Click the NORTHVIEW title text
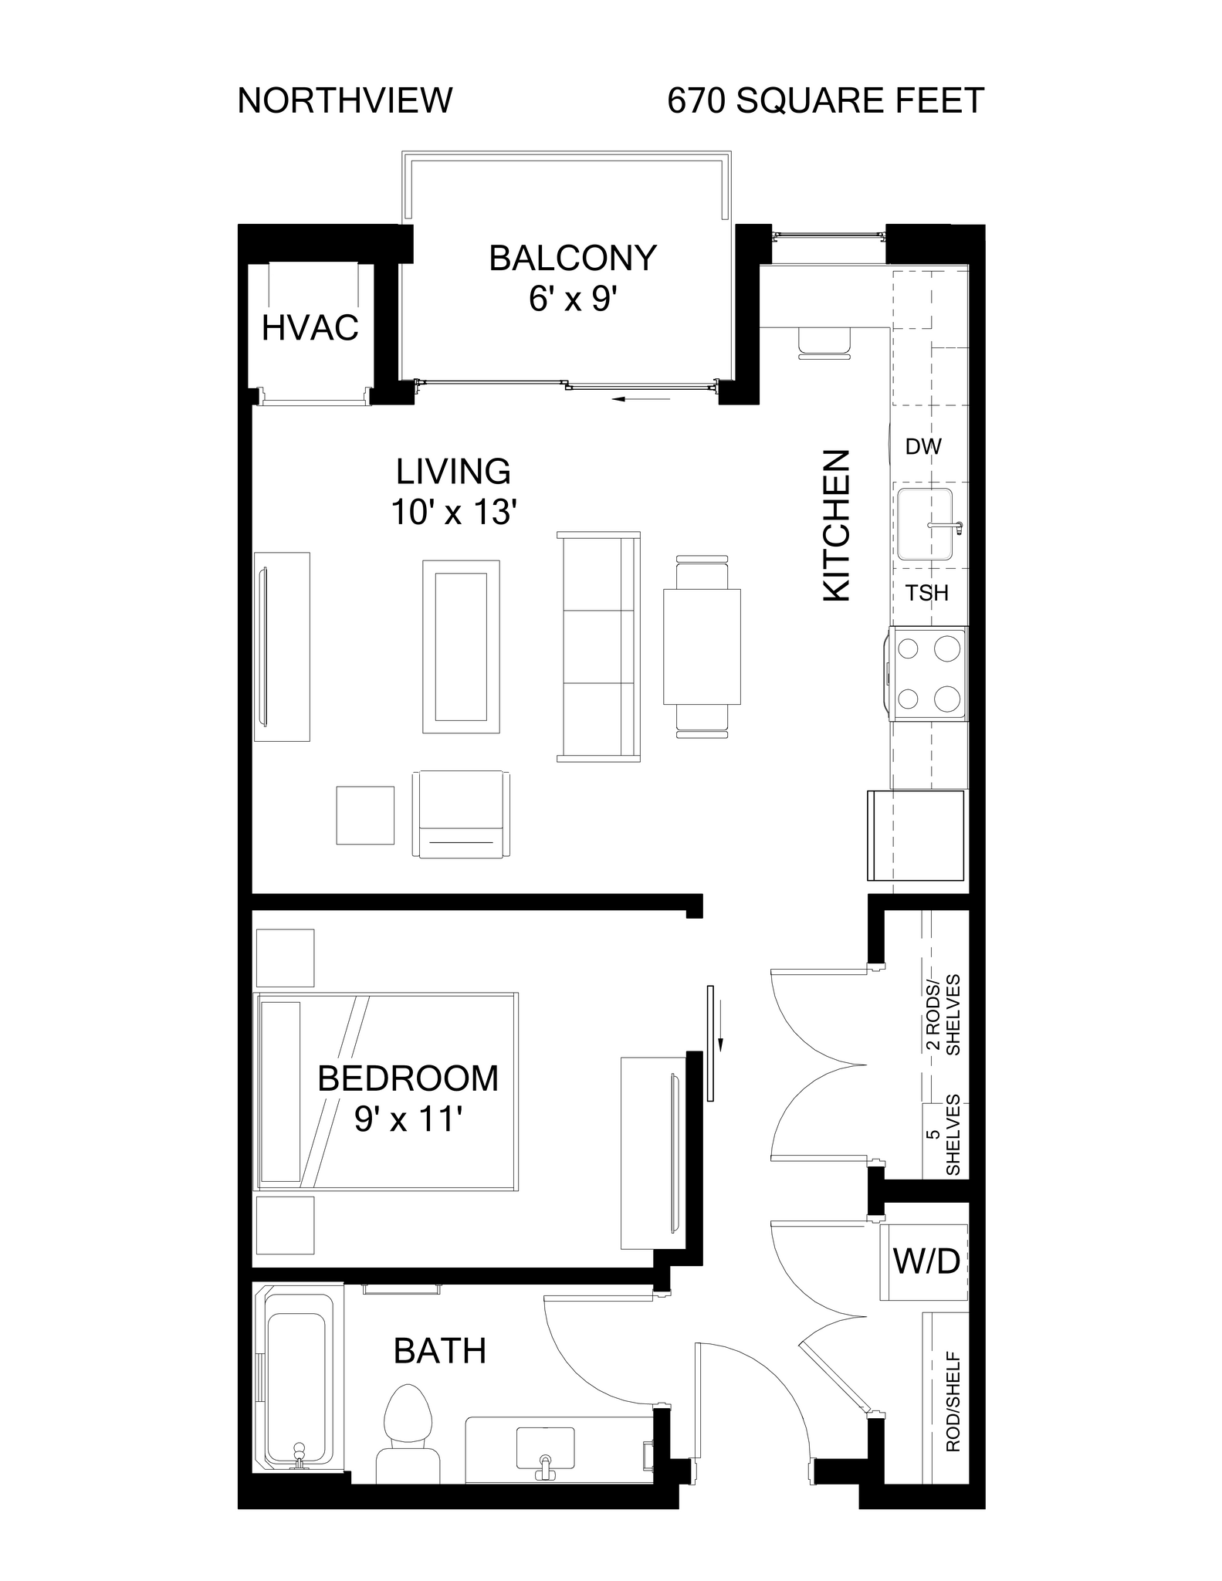(344, 101)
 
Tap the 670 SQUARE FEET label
(825, 101)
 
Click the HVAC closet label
(310, 328)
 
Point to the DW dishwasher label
(923, 446)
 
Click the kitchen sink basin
(924, 524)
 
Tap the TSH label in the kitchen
(926, 593)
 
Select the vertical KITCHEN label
(837, 526)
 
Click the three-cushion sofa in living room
(598, 647)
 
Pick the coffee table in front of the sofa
(461, 646)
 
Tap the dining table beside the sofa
(702, 646)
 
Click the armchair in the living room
(461, 814)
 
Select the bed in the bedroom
(386, 1091)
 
